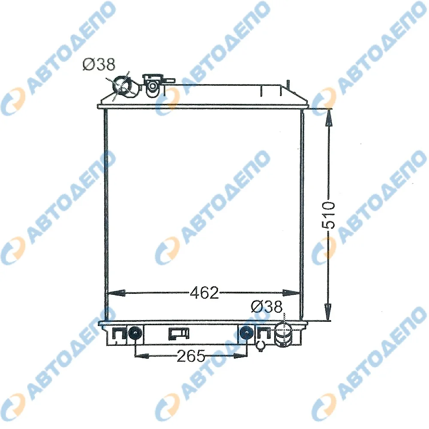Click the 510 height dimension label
click(x=328, y=215)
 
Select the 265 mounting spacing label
click(x=191, y=356)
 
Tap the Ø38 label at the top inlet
click(x=99, y=65)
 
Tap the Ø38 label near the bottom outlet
click(x=266, y=307)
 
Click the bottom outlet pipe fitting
click(x=284, y=334)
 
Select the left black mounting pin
click(x=135, y=333)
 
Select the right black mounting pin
click(x=246, y=333)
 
